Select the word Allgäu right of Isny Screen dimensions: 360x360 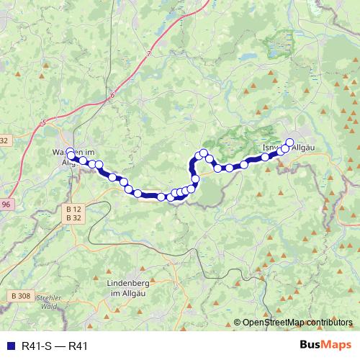coord(305,148)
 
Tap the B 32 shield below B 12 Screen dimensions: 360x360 coord(73,217)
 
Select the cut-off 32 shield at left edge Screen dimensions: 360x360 coord(4,141)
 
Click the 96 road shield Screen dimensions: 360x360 coord(5,205)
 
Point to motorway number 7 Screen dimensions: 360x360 coord(149,54)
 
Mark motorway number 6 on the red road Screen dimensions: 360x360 coord(113,95)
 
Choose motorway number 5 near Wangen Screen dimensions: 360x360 coord(43,123)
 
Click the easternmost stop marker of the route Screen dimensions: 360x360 coord(290,143)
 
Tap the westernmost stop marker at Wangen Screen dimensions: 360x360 coord(70,152)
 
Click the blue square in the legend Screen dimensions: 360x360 coord(8,346)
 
